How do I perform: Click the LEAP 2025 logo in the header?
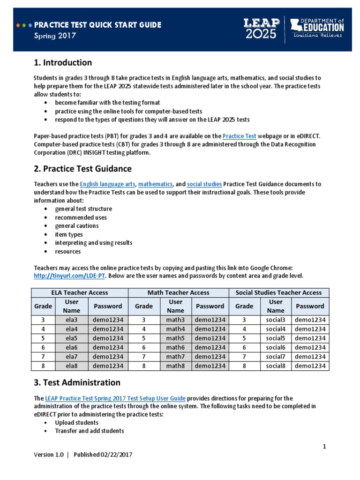(260, 29)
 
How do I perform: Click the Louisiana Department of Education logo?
(317, 28)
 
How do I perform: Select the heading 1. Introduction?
(63, 63)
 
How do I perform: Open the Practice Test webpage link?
(239, 136)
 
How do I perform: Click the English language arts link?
(107, 184)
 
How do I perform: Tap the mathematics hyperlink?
(156, 184)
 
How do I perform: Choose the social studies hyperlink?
(204, 184)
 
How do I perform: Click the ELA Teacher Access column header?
(79, 292)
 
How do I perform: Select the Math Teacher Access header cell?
(178, 292)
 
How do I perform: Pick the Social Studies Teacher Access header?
(278, 292)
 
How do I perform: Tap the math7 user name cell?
(176, 357)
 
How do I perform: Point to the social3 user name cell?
(276, 320)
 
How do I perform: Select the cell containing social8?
(276, 366)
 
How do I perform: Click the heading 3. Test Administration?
(77, 382)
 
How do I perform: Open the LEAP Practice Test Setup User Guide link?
(115, 398)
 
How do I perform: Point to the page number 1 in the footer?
(324, 446)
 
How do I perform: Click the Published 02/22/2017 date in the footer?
(106, 455)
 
